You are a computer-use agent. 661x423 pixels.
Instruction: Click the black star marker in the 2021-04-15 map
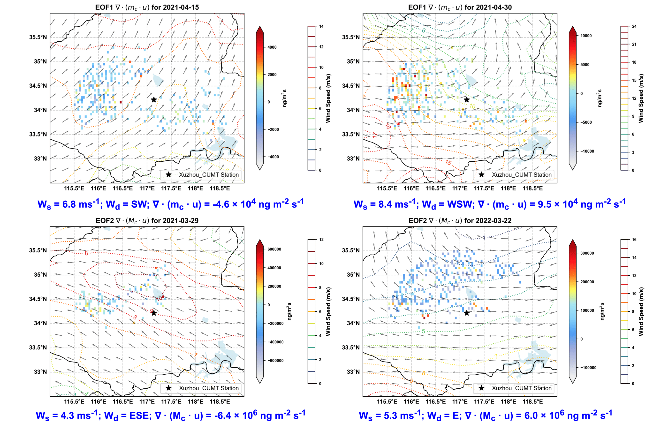click(x=154, y=100)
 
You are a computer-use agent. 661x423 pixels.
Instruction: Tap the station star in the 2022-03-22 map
click(x=466, y=313)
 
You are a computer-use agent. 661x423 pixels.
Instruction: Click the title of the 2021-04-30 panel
click(x=460, y=8)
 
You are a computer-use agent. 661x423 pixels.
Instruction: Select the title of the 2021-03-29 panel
click(x=147, y=220)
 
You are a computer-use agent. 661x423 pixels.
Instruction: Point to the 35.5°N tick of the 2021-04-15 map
click(x=38, y=37)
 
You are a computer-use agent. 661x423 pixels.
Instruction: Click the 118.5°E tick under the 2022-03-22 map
click(x=532, y=401)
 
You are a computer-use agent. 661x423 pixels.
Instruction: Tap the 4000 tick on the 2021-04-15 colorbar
click(x=272, y=47)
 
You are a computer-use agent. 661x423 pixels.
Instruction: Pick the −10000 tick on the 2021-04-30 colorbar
click(x=587, y=151)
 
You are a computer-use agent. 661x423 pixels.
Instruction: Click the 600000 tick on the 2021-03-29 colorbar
click(x=274, y=249)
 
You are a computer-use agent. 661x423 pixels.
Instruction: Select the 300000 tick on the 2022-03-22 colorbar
click(x=587, y=253)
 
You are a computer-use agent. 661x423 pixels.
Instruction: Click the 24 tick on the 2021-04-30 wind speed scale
click(x=634, y=26)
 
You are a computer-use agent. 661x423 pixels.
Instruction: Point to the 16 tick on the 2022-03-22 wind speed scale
click(x=634, y=240)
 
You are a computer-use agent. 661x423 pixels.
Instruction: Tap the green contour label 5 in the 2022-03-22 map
click(x=423, y=331)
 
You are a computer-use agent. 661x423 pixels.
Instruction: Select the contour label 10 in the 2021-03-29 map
click(x=159, y=298)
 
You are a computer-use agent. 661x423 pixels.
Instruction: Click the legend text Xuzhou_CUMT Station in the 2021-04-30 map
click(x=521, y=175)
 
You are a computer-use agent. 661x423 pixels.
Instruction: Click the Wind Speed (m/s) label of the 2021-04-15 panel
click(x=328, y=98)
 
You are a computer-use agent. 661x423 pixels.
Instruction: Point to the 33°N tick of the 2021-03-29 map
click(x=40, y=372)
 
